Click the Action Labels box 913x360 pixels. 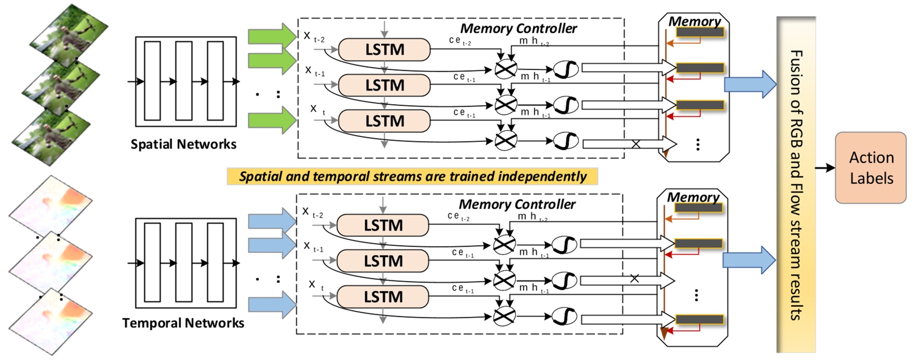870,168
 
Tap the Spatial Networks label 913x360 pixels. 183,144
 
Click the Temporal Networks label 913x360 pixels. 183,323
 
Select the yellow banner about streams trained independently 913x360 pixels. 412,176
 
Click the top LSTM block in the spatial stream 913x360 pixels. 384,50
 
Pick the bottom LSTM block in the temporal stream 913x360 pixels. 383,297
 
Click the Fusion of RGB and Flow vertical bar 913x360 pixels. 795,185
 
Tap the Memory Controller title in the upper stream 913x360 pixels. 518,29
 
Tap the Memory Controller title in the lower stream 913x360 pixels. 517,204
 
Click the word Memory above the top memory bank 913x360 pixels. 695,21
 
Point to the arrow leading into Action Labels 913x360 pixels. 825,168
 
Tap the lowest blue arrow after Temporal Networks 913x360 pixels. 272,304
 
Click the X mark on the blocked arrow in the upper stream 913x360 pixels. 636,144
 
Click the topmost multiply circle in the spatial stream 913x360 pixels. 505,69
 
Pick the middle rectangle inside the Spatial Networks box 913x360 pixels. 184,81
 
